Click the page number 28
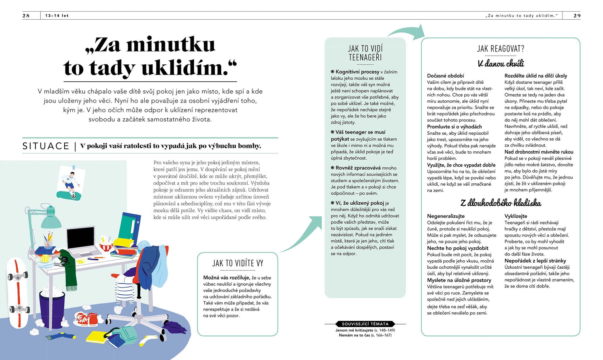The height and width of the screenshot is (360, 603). [x=26, y=16]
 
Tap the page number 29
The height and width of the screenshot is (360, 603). [x=577, y=16]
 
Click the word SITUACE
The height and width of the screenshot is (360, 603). [x=46, y=146]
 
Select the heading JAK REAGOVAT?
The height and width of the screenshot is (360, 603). [x=500, y=49]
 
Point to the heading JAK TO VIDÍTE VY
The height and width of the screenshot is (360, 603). [x=238, y=263]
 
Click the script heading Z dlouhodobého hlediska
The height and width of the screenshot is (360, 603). [x=500, y=203]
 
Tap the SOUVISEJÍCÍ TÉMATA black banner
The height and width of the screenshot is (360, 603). [x=365, y=324]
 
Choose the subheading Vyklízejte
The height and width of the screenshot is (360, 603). [x=516, y=216]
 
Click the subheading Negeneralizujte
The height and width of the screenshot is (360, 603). [x=445, y=216]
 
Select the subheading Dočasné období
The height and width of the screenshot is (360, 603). [x=445, y=76]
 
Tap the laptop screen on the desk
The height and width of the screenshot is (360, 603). [x=80, y=238]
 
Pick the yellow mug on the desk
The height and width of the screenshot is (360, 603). [x=45, y=258]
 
